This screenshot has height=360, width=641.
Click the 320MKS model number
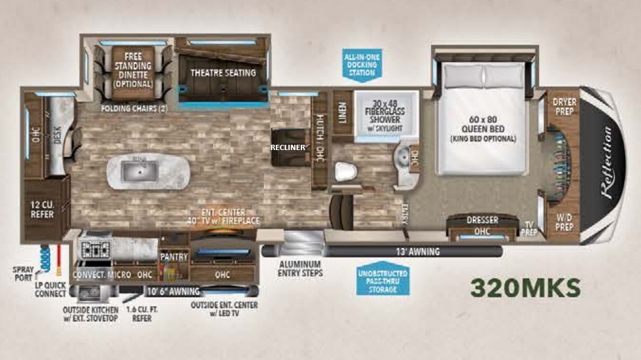525,288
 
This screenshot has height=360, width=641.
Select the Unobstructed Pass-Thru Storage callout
382,281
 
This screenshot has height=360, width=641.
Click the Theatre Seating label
222,72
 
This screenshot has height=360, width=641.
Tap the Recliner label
288,147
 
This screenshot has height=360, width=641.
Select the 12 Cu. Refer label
42,209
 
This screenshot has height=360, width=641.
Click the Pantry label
174,257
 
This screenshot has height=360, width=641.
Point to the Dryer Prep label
564,107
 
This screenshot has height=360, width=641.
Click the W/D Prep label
564,222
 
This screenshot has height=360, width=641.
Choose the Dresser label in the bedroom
482,220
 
